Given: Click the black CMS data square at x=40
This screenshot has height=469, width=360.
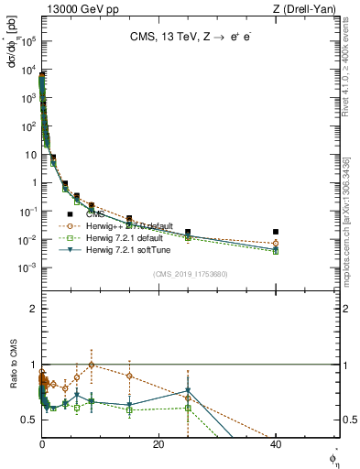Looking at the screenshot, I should [x=276, y=232].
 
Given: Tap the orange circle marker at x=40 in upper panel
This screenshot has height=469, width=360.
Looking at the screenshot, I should [x=276, y=244].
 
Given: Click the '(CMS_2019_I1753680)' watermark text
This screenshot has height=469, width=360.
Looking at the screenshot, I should [x=190, y=273].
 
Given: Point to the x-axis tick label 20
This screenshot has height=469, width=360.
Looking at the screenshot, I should [x=158, y=443].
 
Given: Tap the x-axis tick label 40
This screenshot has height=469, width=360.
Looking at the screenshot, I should [x=276, y=443].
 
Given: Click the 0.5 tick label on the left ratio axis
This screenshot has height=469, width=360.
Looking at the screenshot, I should [x=29, y=420].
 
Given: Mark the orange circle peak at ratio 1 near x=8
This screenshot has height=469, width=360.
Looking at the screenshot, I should [x=91, y=364].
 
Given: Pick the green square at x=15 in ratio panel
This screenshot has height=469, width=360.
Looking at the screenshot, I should [x=129, y=410].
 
